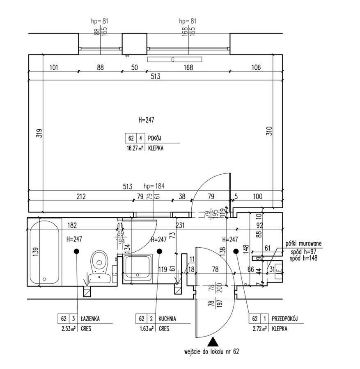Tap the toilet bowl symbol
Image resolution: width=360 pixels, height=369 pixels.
99,261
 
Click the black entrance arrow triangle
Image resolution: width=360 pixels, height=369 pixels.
213,342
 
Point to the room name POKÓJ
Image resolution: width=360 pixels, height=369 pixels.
155,139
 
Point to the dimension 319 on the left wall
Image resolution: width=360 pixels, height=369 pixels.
38,134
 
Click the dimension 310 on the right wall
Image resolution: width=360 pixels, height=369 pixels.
269,130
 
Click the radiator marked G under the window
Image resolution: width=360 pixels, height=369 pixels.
175,59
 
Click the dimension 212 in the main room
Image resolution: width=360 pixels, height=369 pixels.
81,196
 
